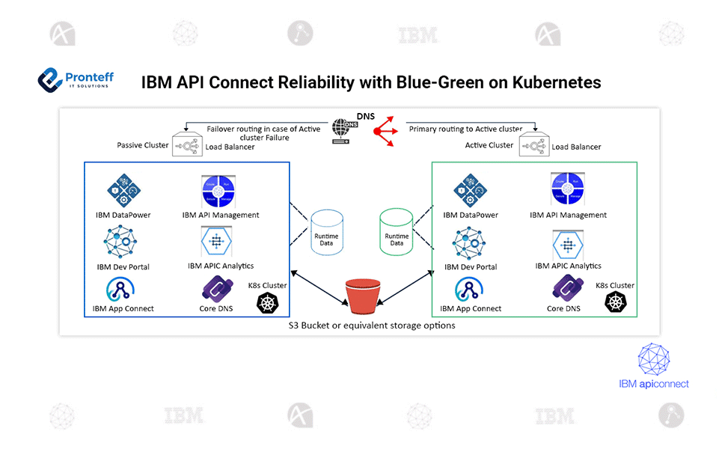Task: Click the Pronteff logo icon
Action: [x=50, y=79]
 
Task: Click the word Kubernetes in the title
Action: [x=556, y=82]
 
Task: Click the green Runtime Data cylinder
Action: [x=397, y=234]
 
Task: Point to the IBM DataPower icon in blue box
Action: [x=123, y=191]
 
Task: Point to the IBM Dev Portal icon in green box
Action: [x=470, y=244]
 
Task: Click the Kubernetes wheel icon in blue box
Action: [x=268, y=302]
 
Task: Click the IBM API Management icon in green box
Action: [x=568, y=191]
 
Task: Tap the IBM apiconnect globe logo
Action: [x=654, y=359]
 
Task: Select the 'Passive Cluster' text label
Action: [x=142, y=145]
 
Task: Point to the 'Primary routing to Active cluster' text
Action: [x=465, y=129]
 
